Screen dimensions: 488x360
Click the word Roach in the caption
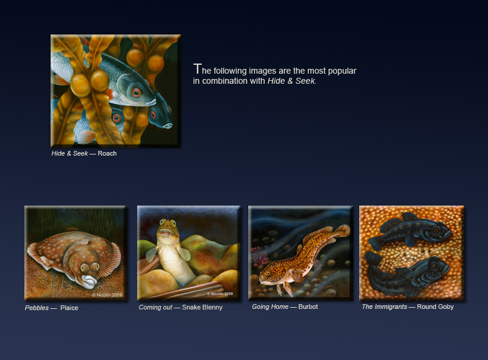pos(107,153)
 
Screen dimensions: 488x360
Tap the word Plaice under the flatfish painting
pos(69,308)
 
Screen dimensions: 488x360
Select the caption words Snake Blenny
pos(202,307)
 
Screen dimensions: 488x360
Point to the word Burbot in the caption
pos(308,307)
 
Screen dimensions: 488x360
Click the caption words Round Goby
pos(435,307)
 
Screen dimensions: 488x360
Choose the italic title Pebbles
pos(37,308)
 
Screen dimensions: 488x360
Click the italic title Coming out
pos(156,307)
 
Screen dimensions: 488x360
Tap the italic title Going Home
pos(270,307)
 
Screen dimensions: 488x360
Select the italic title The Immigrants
pos(384,307)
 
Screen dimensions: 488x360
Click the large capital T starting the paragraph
pos(197,69)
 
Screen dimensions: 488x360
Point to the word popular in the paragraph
pos(342,71)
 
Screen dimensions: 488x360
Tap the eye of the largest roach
pos(136,93)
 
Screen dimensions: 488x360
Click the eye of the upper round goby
pos(436,230)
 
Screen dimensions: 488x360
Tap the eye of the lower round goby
pos(435,266)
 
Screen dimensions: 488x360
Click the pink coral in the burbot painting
pos(261,255)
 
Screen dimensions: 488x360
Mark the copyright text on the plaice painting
pos(107,295)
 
